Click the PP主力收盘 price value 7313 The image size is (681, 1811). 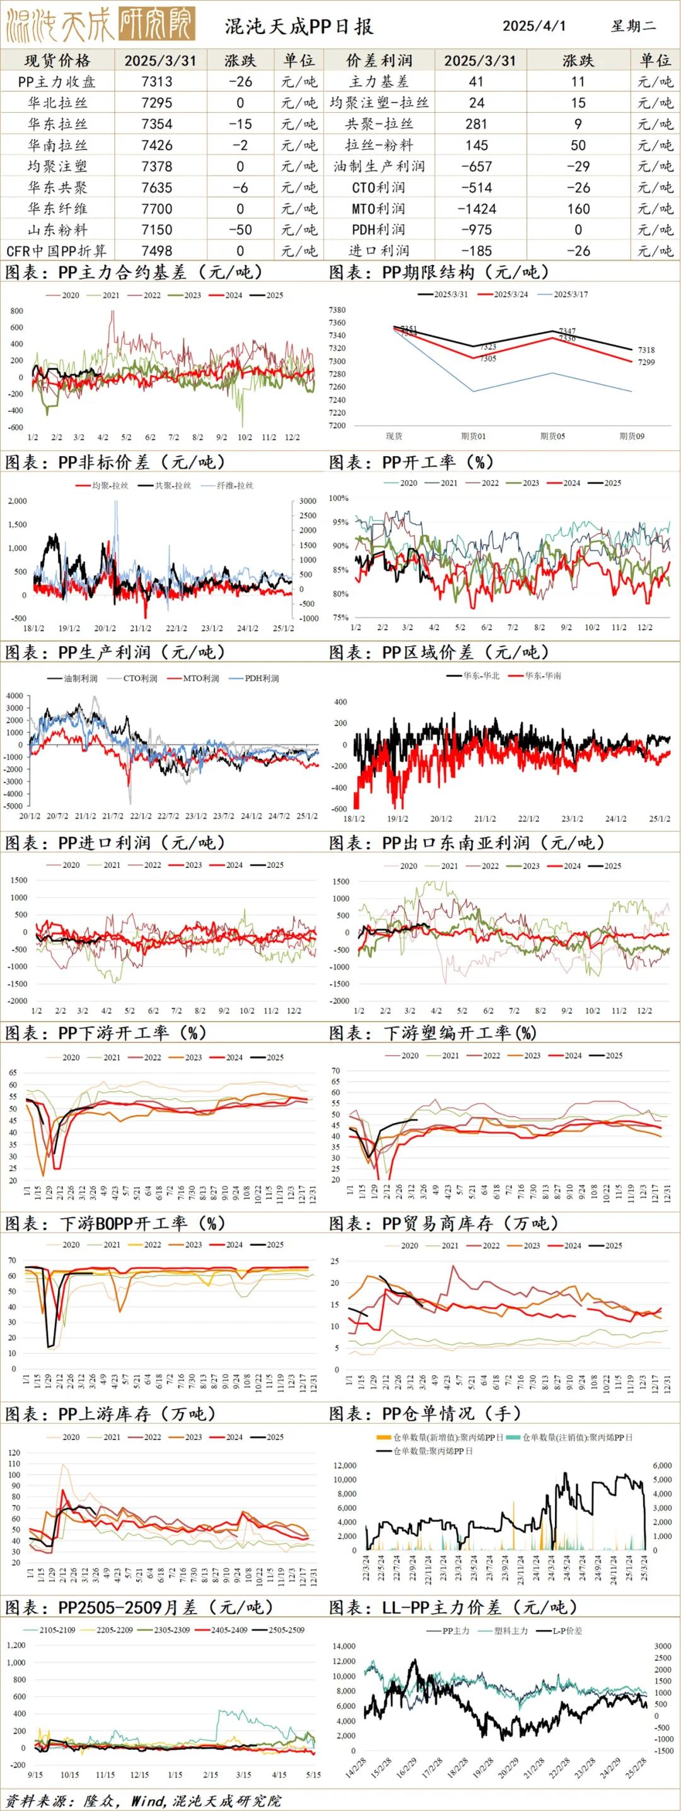(156, 81)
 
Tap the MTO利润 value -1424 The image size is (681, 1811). (476, 209)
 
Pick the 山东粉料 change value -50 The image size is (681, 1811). (240, 230)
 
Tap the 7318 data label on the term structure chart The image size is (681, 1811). (646, 350)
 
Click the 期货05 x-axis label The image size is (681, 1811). (552, 437)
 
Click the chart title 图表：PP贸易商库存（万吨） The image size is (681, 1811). (443, 1223)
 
